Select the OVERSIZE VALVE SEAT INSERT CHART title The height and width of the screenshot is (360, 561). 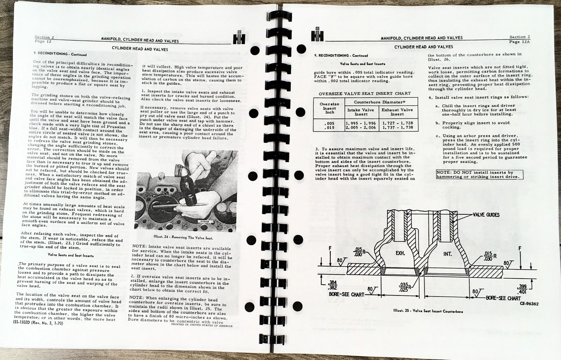click(x=365, y=93)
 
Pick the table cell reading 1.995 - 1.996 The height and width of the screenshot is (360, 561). click(x=360, y=123)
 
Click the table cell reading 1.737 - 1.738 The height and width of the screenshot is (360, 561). click(x=398, y=128)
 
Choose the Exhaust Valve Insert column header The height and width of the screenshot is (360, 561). click(x=397, y=112)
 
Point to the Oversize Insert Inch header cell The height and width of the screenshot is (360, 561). click(x=329, y=108)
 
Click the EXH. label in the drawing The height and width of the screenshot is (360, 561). click(x=400, y=253)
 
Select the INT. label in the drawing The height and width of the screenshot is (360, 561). click(x=447, y=254)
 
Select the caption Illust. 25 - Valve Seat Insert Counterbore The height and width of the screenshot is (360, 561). click(x=428, y=311)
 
